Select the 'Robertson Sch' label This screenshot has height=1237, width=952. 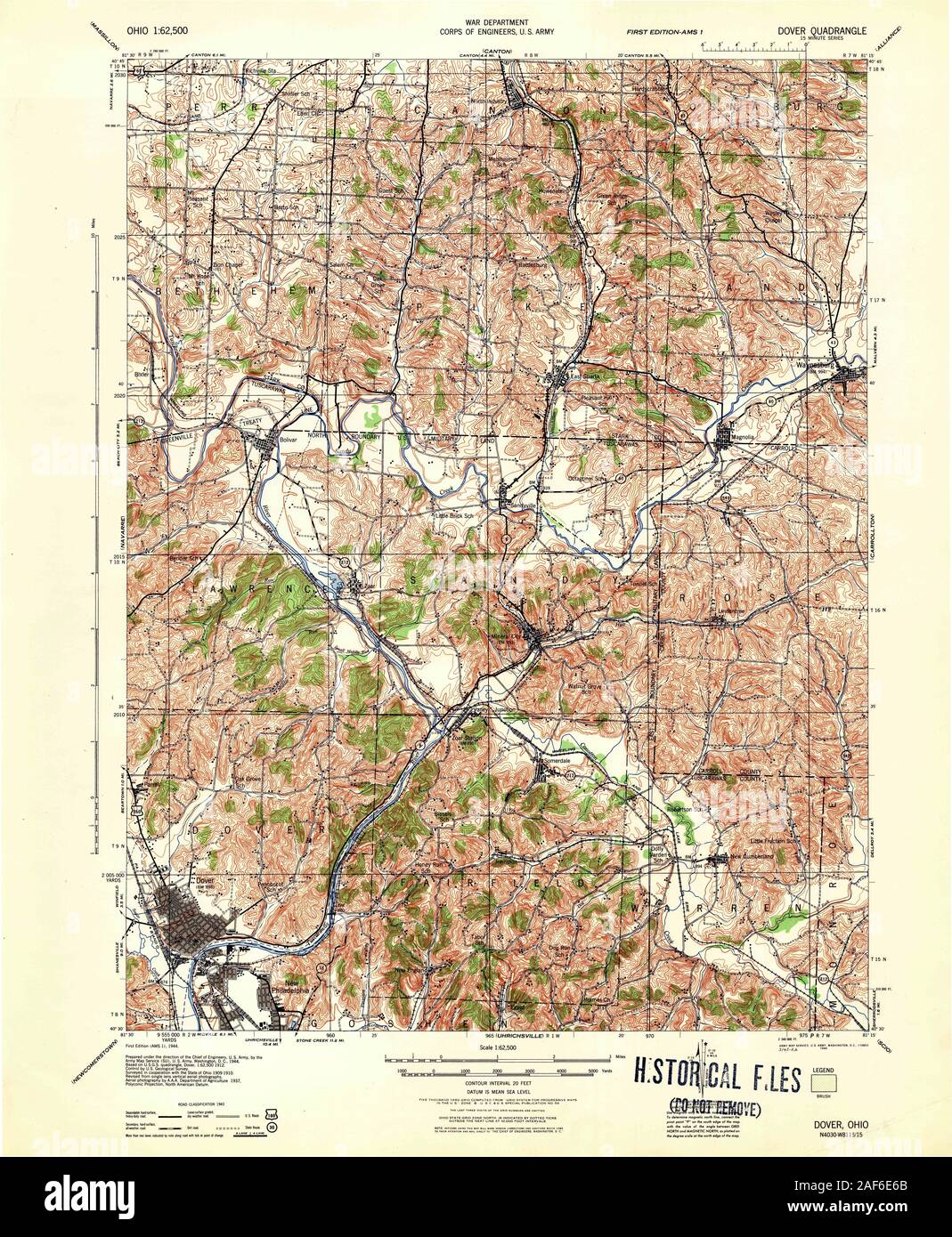(x=688, y=808)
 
